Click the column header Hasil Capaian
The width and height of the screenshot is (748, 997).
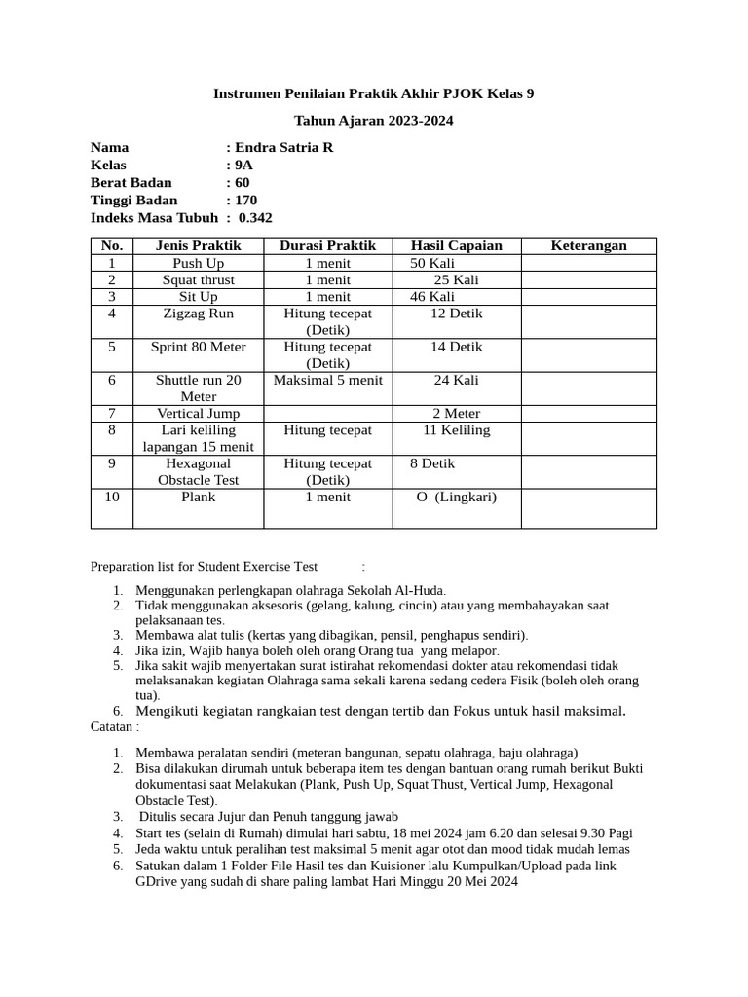tap(456, 245)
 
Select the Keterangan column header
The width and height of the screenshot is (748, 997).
tap(588, 245)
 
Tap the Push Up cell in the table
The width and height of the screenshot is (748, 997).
tap(198, 263)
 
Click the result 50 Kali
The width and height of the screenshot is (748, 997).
tap(432, 263)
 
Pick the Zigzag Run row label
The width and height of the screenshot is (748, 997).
tap(198, 314)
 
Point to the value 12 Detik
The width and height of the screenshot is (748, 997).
tap(456, 314)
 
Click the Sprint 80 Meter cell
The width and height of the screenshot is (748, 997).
tap(198, 347)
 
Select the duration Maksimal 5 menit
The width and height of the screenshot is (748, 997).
tap(328, 380)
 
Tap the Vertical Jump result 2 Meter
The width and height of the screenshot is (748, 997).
tap(456, 413)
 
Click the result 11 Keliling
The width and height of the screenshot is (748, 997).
tap(456, 429)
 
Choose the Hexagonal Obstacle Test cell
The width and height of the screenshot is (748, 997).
tap(198, 471)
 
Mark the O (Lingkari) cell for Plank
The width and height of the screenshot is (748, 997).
tap(456, 497)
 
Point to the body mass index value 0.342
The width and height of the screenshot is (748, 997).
tap(255, 217)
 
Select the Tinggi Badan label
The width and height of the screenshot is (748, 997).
tap(134, 200)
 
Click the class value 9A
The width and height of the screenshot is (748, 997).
tap(243, 165)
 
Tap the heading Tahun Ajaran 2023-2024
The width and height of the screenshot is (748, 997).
tap(374, 121)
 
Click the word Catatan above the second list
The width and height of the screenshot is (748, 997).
tap(113, 726)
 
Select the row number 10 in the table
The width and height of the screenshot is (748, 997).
tap(112, 497)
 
